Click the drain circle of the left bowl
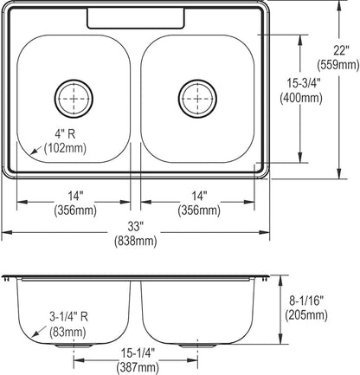[x=74, y=80]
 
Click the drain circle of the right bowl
[x=197, y=80]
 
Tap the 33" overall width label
[x=136, y=227]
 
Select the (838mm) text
[x=136, y=241]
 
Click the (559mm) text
[x=338, y=64]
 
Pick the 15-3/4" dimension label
[x=304, y=83]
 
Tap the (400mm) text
[x=301, y=98]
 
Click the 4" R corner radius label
[x=65, y=134]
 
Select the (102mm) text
[x=65, y=148]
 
